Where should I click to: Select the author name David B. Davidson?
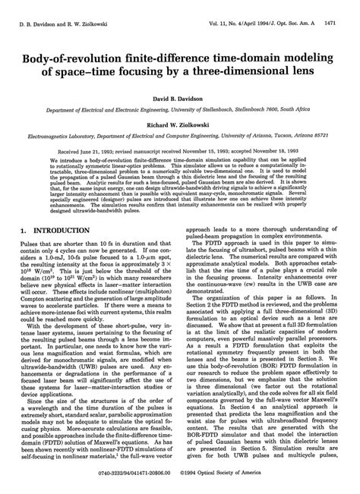[x=180, y=100]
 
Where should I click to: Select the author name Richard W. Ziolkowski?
[x=180, y=128]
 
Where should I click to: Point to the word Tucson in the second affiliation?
[x=293, y=139]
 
